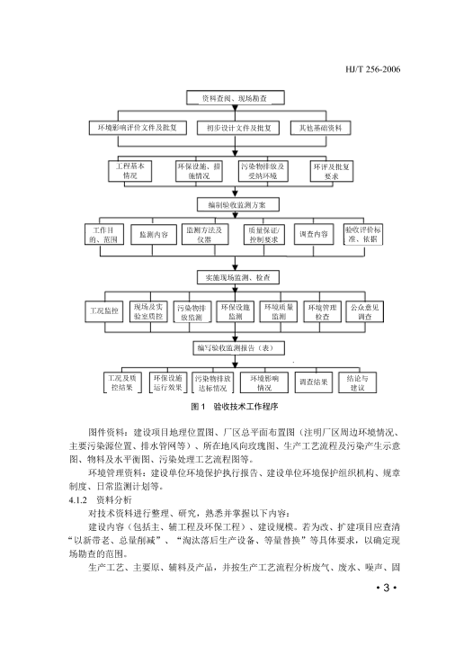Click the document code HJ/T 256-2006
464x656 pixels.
pyautogui.click(x=373, y=69)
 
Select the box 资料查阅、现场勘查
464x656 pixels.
pyautogui.click(x=236, y=98)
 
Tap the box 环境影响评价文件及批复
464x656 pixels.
pyautogui.click(x=138, y=128)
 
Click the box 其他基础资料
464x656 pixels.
pyautogui.click(x=321, y=128)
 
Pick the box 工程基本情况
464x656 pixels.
pyautogui.click(x=130, y=171)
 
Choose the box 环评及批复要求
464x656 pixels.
pyautogui.click(x=332, y=172)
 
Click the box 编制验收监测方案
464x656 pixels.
pyautogui.click(x=238, y=205)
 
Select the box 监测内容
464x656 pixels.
pyautogui.click(x=154, y=235)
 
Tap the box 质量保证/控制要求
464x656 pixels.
pyautogui.click(x=264, y=235)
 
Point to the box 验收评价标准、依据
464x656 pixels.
pyautogui.click(x=363, y=235)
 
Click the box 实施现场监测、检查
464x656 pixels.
pyautogui.click(x=238, y=277)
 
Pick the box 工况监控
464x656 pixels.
pyautogui.click(x=104, y=311)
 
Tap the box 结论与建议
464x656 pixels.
pyautogui.click(x=357, y=382)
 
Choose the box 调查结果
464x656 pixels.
pyautogui.click(x=314, y=382)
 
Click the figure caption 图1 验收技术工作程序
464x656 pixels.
pyautogui.click(x=235, y=406)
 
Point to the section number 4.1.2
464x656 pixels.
pyautogui.click(x=77, y=500)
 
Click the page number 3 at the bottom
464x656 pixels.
pyautogui.click(x=387, y=588)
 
